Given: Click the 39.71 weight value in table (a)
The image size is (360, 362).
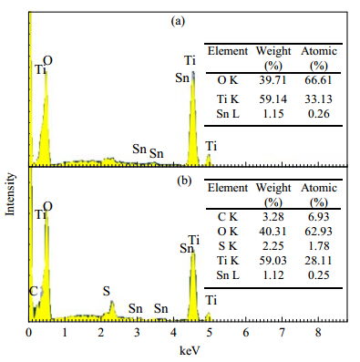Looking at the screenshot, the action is [x=273, y=80].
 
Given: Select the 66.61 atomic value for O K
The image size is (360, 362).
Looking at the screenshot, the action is [x=318, y=80].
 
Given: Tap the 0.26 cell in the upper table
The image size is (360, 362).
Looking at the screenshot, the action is [x=319, y=114].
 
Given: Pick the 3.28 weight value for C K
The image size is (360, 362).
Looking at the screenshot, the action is [x=273, y=217].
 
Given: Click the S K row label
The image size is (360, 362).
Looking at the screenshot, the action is [x=228, y=246].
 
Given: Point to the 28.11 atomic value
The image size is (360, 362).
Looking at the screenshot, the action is [x=318, y=261].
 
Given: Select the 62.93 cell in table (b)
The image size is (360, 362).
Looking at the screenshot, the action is [x=318, y=232].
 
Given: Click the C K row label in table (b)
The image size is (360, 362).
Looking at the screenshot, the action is [x=228, y=217].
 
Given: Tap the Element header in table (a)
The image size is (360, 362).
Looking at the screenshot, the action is [x=228, y=51].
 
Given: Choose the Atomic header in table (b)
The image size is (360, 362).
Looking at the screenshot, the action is [x=319, y=188].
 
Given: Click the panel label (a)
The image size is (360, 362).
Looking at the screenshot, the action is [x=178, y=21].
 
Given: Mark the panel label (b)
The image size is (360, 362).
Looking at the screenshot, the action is [x=184, y=181].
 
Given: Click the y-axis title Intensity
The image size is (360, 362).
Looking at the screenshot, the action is [x=10, y=194].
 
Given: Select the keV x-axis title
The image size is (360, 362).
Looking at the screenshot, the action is [x=190, y=350].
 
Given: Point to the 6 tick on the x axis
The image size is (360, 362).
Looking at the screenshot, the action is [x=246, y=333].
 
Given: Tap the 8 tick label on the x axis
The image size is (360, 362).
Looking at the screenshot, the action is [x=318, y=333].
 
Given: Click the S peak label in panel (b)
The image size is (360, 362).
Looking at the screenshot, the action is [x=106, y=291].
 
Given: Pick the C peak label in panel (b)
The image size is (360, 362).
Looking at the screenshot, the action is [x=33, y=291].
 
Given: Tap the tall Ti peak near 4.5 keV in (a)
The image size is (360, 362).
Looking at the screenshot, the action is [x=193, y=119].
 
